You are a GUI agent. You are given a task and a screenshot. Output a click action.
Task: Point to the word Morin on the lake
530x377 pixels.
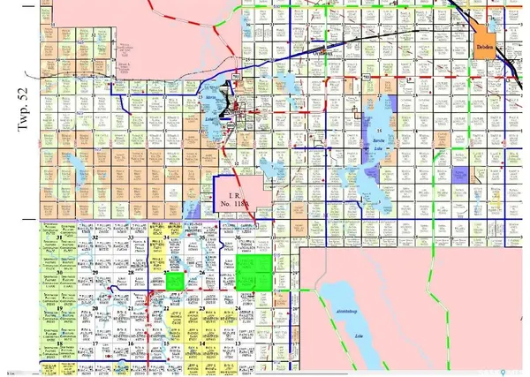click(x=212, y=99)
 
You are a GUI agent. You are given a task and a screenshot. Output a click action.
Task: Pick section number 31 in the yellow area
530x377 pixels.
click(x=59, y=238)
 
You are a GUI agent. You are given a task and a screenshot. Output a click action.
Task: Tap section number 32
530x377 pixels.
click(x=94, y=238)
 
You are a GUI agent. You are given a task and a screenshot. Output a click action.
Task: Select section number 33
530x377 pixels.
click(x=131, y=238)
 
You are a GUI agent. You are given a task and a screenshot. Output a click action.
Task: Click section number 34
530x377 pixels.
click(x=166, y=238)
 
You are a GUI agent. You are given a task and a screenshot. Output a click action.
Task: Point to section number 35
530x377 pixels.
click(x=202, y=238)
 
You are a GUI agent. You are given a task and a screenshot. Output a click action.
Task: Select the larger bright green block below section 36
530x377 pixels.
click(x=254, y=273)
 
